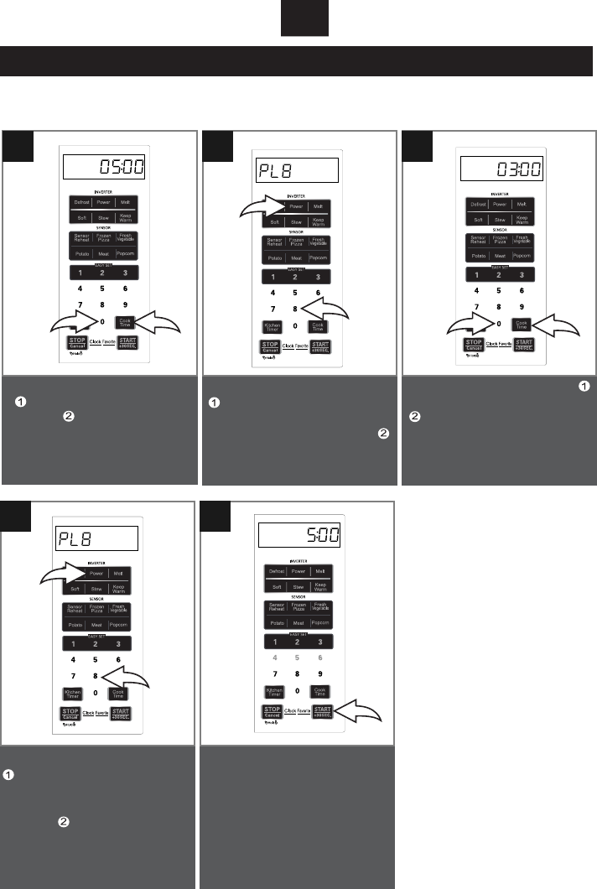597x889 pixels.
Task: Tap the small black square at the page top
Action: (304, 19)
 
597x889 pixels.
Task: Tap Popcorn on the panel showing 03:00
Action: (522, 255)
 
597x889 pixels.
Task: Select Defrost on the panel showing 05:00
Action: (80, 203)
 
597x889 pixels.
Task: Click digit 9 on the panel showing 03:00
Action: (522, 308)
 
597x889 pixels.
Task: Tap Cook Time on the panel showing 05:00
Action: (124, 322)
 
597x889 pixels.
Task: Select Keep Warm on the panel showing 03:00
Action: (522, 220)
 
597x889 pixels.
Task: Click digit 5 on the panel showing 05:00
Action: (102, 289)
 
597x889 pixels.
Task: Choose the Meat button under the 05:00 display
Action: (102, 253)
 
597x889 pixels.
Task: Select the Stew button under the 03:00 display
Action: (499, 220)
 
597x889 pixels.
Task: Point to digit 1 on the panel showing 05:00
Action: (80, 273)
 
